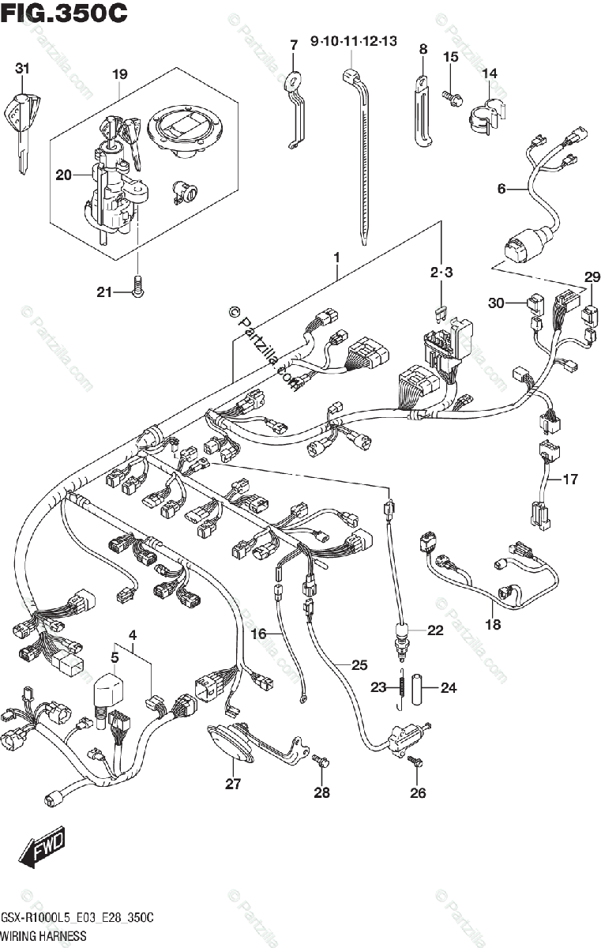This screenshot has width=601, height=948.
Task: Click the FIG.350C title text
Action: [64, 13]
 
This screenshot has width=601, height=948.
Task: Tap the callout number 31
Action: [22, 70]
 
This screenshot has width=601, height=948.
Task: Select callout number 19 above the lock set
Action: [119, 75]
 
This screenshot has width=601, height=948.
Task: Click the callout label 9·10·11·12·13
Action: [354, 41]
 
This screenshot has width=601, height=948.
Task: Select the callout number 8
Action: [423, 49]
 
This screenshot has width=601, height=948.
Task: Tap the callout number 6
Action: [501, 189]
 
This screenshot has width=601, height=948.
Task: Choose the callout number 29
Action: [592, 277]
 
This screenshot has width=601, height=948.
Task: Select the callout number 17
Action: [569, 479]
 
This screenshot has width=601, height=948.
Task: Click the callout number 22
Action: [435, 630]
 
